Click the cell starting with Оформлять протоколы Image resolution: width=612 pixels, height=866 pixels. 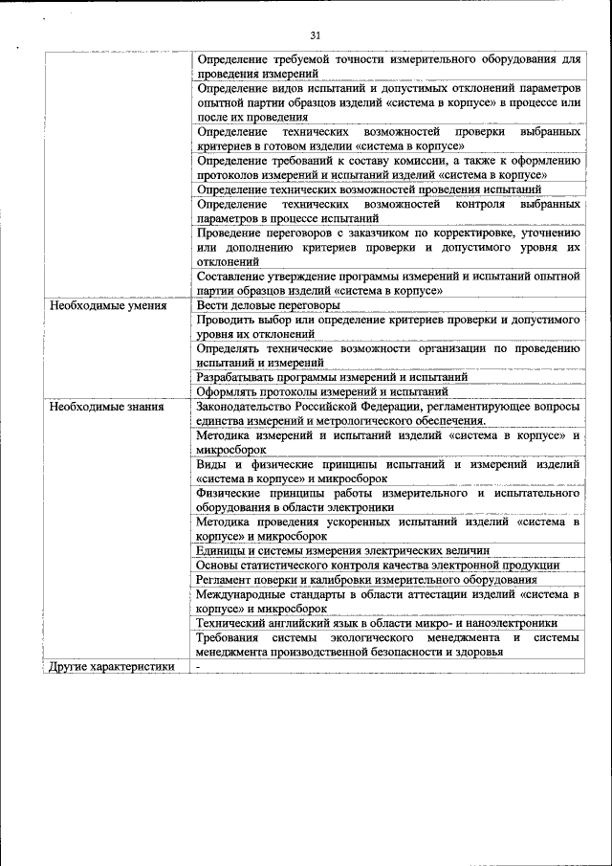[x=322, y=391]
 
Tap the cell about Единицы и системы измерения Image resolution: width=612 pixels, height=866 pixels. [x=342, y=550]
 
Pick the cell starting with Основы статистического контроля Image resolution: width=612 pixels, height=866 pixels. [x=378, y=565]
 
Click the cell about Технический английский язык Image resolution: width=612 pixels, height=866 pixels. [x=377, y=623]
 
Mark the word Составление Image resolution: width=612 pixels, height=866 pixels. [x=234, y=276]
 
